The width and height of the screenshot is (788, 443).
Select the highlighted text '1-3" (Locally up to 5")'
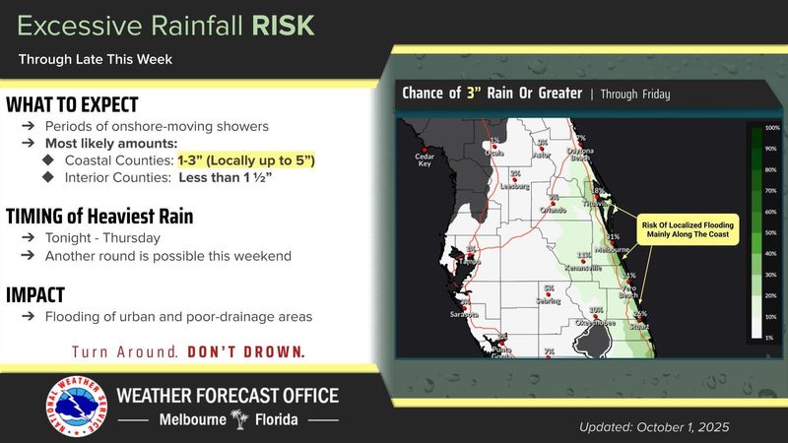click(x=245, y=159)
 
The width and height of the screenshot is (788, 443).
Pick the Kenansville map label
click(x=583, y=267)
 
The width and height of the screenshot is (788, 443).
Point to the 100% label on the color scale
click(x=772, y=129)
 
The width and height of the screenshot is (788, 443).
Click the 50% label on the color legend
click(x=772, y=235)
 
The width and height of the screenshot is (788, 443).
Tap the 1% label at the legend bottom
click(x=772, y=338)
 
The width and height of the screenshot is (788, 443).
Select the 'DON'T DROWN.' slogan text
click(x=246, y=351)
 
